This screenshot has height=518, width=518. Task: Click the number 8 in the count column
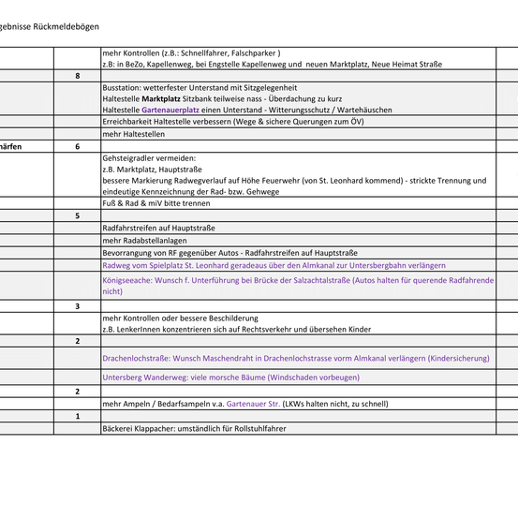click(77, 76)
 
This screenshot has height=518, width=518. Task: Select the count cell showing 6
click(77, 147)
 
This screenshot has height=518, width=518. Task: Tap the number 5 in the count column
click(77, 216)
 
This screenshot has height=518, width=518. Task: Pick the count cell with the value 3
click(77, 306)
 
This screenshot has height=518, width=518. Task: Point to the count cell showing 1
click(77, 416)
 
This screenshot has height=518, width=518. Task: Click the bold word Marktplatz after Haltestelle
click(161, 98)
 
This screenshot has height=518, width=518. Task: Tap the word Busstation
click(121, 87)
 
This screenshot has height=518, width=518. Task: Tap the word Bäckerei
click(119, 428)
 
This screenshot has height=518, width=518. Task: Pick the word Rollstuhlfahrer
click(255, 428)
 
